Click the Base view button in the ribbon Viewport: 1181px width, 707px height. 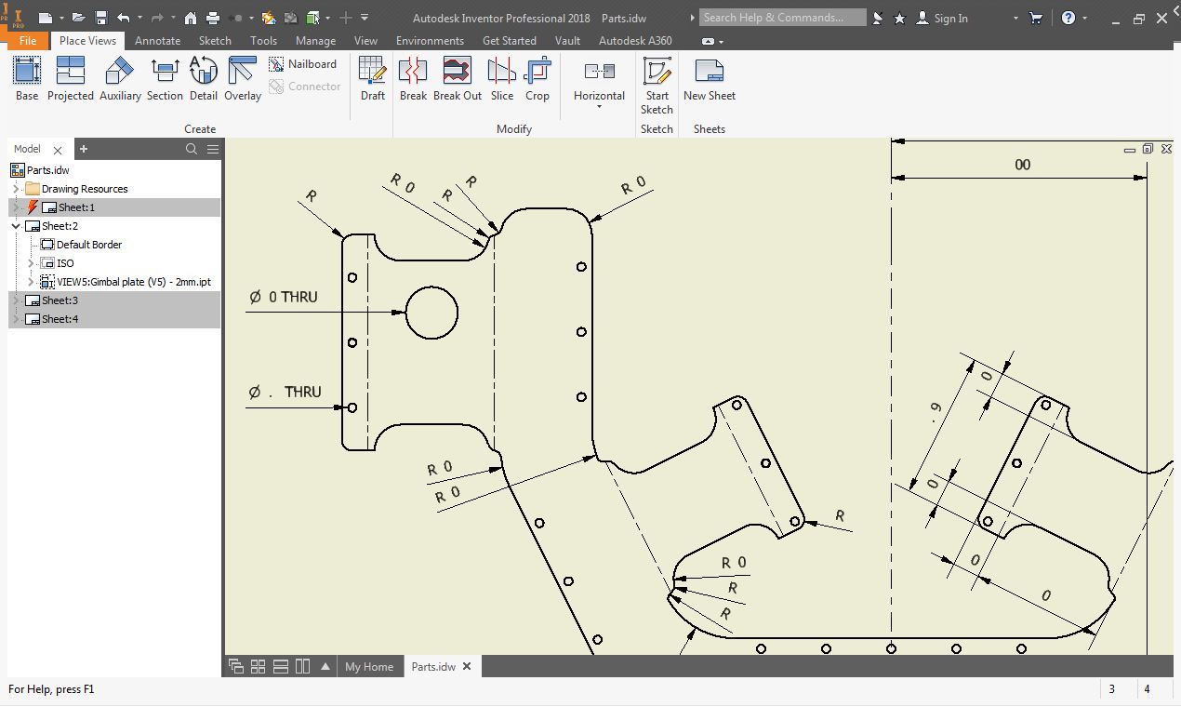[27, 78]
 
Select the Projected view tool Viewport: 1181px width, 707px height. [70, 78]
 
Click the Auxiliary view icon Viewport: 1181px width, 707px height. [120, 78]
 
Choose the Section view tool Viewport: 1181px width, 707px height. [165, 78]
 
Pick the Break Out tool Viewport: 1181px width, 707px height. [458, 78]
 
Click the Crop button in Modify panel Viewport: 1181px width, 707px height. [537, 78]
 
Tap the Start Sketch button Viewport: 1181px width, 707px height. [657, 84]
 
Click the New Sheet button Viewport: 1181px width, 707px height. [709, 78]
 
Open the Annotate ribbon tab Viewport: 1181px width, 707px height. [157, 41]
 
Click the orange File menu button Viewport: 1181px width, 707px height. [27, 41]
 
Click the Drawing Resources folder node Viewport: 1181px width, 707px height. [85, 189]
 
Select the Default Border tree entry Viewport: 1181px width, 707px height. [89, 245]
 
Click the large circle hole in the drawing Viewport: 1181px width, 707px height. [431, 313]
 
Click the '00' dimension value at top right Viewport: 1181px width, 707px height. [1022, 166]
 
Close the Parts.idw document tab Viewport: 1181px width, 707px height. [467, 667]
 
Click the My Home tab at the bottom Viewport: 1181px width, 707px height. [369, 667]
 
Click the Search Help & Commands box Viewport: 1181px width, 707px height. [781, 18]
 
